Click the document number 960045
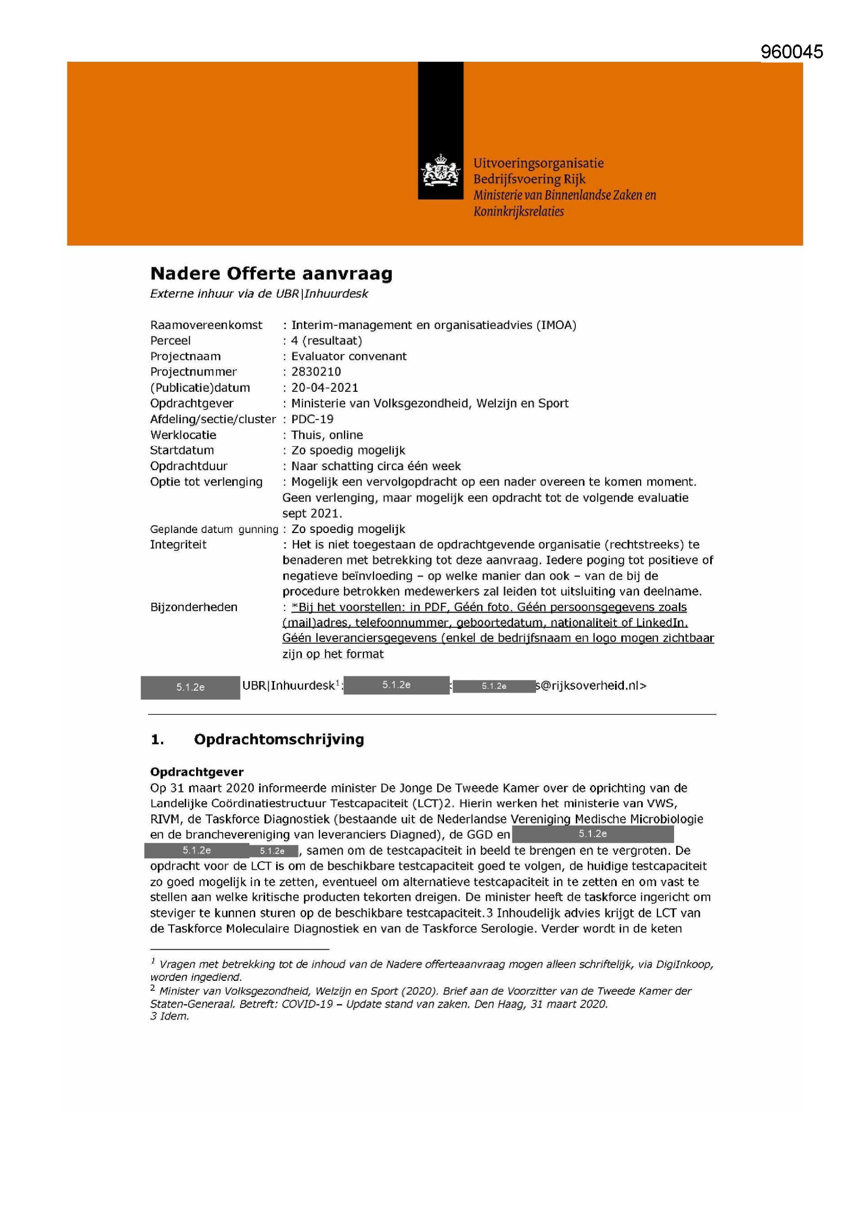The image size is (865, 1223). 791,52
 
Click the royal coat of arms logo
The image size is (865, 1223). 440,171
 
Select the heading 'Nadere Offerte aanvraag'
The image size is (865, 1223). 271,274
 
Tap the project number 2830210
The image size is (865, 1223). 316,372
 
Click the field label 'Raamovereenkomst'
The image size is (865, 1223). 206,325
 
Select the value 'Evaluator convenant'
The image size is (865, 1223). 348,356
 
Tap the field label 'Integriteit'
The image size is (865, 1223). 178,545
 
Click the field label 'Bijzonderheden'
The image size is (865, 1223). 194,607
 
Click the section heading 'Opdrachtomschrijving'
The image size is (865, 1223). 279,739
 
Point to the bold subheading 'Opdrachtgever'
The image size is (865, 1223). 197,772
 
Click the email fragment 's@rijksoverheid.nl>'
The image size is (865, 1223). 591,686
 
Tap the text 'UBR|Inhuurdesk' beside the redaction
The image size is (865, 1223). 288,686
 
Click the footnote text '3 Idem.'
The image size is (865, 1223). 169,1016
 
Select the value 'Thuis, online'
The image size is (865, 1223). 327,435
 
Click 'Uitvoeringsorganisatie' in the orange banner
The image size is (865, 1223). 539,163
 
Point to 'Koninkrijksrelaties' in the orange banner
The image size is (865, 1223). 518,211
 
